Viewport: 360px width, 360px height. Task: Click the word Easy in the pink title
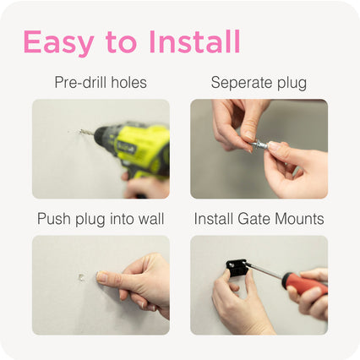point(58,42)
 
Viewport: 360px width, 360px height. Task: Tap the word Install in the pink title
point(194,41)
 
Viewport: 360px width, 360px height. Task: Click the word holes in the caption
point(128,82)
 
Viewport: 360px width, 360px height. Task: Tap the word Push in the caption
point(54,219)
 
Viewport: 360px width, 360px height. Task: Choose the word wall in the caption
point(153,219)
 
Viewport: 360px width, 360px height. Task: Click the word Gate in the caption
point(254,219)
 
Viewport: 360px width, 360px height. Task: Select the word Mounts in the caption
point(299,219)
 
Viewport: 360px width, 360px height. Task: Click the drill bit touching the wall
point(85,132)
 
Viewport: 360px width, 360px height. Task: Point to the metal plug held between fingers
point(259,145)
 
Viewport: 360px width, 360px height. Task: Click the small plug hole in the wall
point(81,277)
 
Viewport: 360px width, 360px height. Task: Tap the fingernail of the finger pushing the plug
point(101,277)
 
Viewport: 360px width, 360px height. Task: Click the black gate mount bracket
point(237,268)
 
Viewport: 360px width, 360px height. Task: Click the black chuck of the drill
point(103,135)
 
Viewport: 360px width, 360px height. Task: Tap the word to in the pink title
point(121,43)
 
